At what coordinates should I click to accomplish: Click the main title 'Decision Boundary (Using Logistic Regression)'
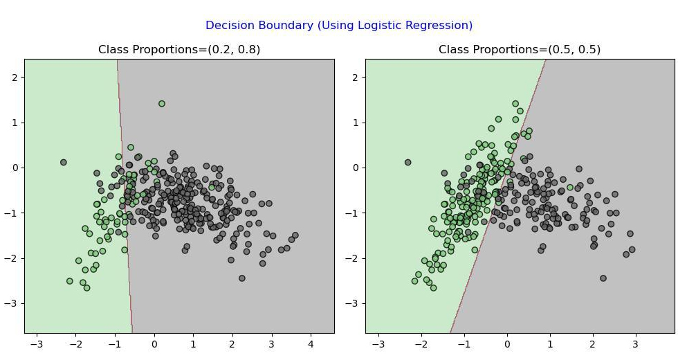(338, 25)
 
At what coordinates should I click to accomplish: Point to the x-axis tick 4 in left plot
(311, 345)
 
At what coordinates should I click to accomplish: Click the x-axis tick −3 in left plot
(37, 345)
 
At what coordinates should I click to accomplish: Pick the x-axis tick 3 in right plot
(635, 345)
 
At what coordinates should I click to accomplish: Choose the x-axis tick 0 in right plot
(507, 345)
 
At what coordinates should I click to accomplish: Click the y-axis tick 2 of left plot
(16, 78)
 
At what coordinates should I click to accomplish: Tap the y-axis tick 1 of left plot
(16, 123)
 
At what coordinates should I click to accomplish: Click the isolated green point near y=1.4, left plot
(162, 103)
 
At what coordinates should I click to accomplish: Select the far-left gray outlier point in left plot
(64, 162)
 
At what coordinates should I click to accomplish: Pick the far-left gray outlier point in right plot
(407, 162)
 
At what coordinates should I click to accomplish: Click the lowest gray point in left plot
(241, 278)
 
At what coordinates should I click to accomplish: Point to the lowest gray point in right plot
(603, 278)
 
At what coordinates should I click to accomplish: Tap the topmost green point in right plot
(515, 103)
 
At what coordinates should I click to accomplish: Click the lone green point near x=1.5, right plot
(570, 188)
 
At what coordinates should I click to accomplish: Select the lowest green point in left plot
(87, 288)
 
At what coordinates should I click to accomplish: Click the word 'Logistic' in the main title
(382, 25)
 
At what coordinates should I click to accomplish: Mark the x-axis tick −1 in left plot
(115, 345)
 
